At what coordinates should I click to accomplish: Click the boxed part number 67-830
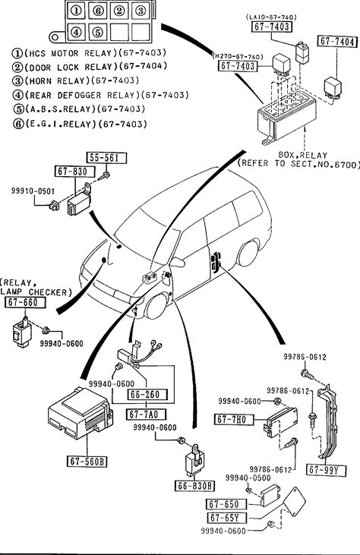click(75, 172)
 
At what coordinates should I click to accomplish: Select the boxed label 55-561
click(106, 158)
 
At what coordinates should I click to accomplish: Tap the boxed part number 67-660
click(26, 302)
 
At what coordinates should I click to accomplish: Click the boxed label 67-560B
click(87, 461)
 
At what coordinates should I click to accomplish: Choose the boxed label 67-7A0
click(146, 414)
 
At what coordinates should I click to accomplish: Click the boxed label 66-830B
click(194, 486)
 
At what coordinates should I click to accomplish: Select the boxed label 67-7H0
click(235, 419)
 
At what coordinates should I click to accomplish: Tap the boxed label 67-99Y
click(327, 470)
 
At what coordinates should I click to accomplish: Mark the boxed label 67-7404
click(336, 42)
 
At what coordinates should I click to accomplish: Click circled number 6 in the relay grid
click(98, 11)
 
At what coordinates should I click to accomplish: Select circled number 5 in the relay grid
click(98, 32)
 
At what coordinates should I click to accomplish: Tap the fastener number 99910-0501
click(33, 191)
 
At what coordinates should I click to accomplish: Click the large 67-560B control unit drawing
click(81, 413)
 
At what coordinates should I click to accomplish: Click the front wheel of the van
click(156, 305)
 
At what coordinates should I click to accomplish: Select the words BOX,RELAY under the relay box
click(302, 155)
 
